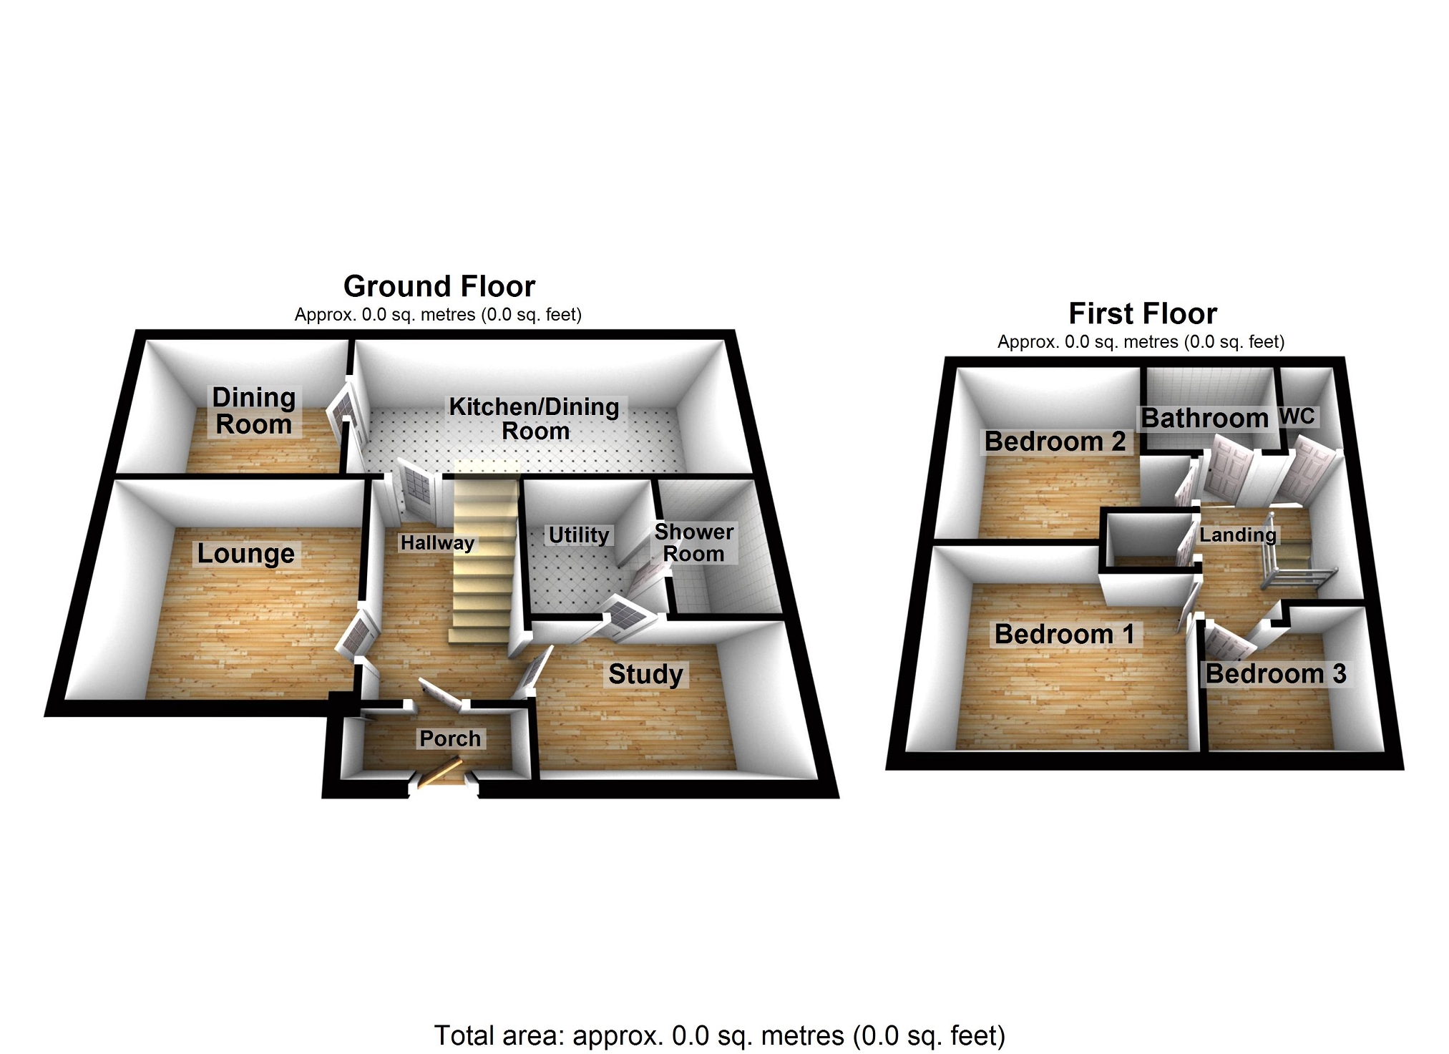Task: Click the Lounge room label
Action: coord(245,553)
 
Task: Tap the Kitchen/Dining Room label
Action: coord(535,419)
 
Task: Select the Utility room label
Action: coord(578,535)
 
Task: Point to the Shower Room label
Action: coord(693,542)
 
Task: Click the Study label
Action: coord(645,673)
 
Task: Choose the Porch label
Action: coord(450,738)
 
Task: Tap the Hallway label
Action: coord(436,542)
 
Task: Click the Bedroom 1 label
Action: coord(1064,634)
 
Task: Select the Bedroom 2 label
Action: coord(1055,441)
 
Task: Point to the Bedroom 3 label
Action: coord(1276,673)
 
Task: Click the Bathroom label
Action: coord(1204,418)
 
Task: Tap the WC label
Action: coord(1297,416)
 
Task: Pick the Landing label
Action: coord(1237,535)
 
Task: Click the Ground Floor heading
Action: coord(439,286)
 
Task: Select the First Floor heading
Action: coord(1143,313)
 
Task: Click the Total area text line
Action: coord(719,1035)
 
